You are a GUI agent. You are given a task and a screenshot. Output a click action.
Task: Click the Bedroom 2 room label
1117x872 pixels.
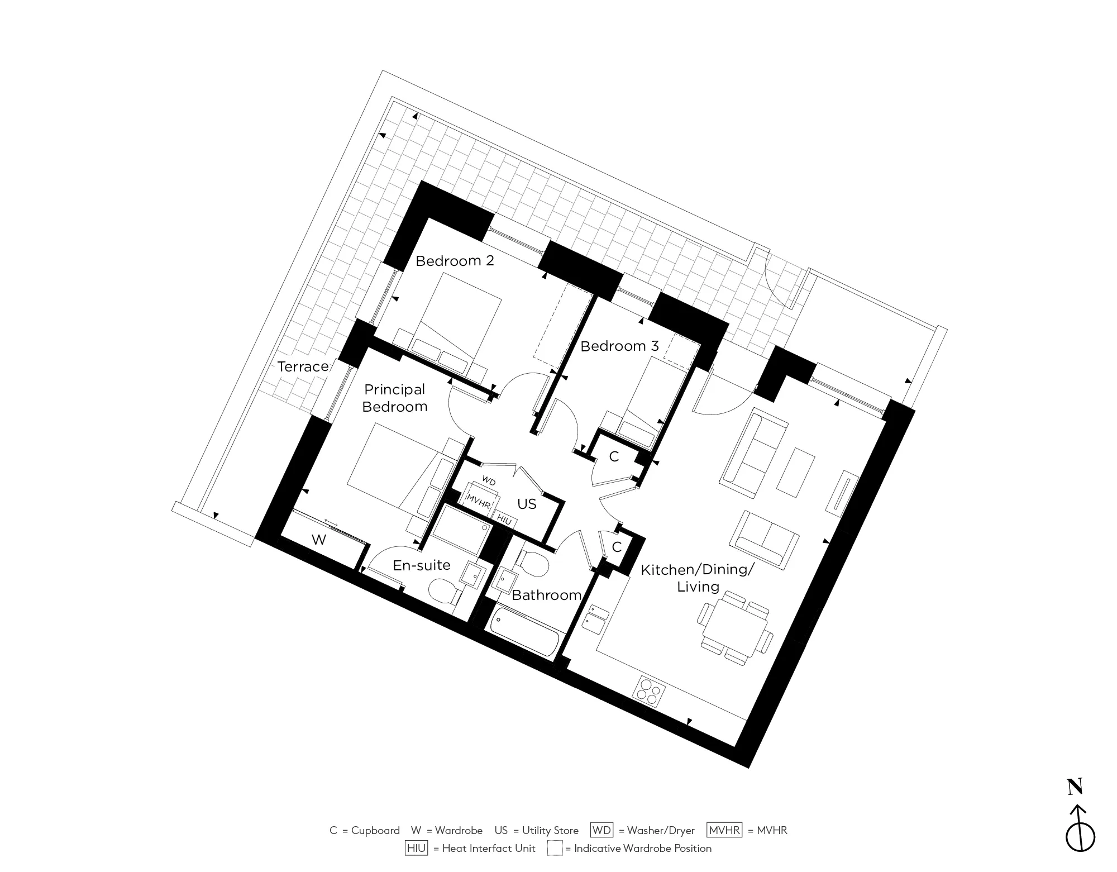coord(455,261)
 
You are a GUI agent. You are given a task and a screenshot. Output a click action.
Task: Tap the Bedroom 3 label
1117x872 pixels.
coord(619,346)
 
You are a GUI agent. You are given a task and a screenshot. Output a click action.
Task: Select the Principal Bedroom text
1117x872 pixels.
coord(394,398)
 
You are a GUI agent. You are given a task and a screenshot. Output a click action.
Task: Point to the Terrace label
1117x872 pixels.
coord(303,366)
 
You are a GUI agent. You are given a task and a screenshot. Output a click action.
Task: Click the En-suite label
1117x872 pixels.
coord(421,565)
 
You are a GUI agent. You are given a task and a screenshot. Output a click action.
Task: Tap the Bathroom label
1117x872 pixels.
coord(546,595)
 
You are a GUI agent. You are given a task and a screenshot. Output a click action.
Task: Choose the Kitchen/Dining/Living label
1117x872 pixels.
coord(698,578)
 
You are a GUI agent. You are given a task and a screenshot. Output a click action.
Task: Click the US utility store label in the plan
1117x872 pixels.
coord(527,504)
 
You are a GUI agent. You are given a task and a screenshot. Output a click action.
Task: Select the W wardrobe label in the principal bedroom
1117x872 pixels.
coord(319,540)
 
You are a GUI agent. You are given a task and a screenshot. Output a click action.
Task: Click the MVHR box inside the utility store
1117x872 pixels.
coord(479,501)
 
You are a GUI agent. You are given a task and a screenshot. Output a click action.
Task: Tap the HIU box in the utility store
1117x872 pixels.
coord(504,520)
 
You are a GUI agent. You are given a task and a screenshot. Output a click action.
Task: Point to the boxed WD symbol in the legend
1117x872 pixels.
coord(602,830)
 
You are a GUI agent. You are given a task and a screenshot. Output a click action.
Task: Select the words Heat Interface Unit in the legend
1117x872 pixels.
coord(488,849)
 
